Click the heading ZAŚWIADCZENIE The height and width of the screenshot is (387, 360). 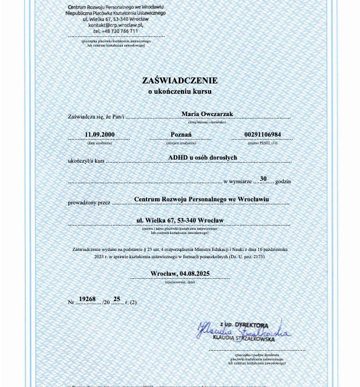click(x=180, y=80)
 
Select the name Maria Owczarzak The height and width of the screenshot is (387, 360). click(x=207, y=114)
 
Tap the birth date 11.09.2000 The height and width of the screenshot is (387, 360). click(x=99, y=134)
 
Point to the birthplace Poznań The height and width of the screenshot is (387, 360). click(x=181, y=134)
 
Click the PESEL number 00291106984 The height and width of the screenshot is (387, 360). click(x=262, y=134)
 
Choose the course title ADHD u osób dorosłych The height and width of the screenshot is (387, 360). click(x=202, y=157)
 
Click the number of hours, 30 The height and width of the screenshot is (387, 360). click(x=263, y=178)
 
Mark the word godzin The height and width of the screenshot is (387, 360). click(x=283, y=181)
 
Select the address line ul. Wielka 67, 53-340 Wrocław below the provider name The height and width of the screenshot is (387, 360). click(x=180, y=220)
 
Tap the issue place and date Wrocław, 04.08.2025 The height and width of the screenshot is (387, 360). click(x=180, y=273)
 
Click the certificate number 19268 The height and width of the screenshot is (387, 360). click(x=88, y=299)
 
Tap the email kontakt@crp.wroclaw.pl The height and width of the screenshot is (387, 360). click(x=116, y=25)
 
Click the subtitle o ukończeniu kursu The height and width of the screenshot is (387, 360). click(x=180, y=91)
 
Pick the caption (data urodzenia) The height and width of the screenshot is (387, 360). click(x=99, y=143)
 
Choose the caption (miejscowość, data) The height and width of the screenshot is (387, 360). click(x=180, y=282)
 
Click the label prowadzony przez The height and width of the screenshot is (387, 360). click(x=89, y=203)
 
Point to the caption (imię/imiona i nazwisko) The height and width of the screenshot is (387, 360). click(x=206, y=122)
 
